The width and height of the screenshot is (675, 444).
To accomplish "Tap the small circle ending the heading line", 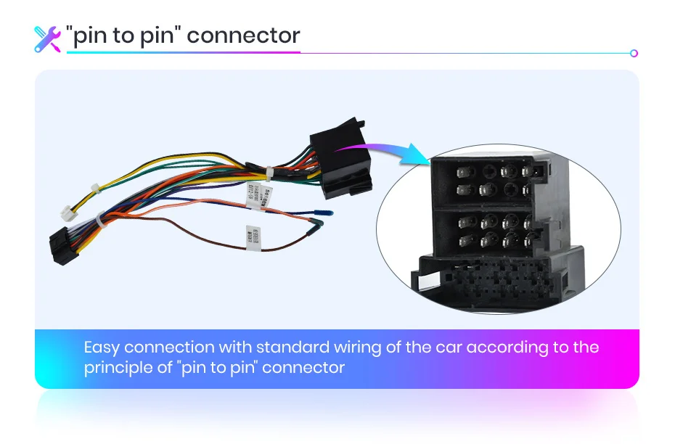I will point(634,53).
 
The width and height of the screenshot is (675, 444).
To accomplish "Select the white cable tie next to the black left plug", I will point(97,221).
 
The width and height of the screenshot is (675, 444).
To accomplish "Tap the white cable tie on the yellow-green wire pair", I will point(94,189).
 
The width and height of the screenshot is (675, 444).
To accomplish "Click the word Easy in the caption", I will point(101,348).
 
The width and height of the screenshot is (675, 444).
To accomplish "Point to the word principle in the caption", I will point(120,368).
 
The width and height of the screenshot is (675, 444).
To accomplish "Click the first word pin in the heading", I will point(90,36).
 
